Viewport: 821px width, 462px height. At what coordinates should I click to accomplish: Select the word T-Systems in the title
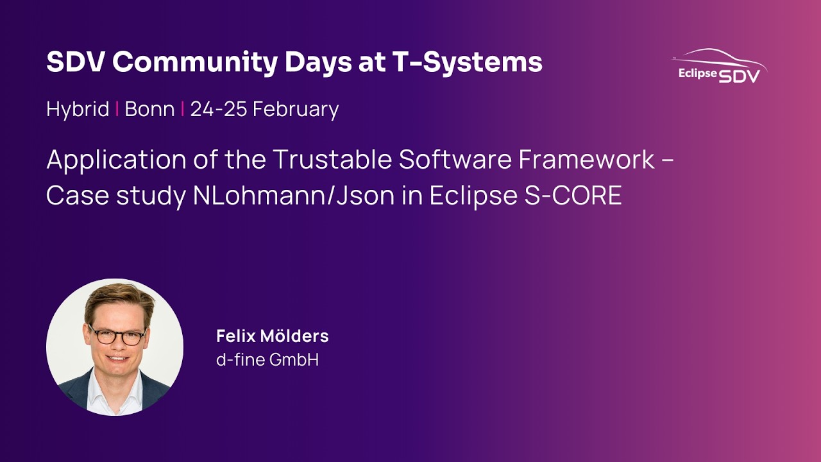[476, 62]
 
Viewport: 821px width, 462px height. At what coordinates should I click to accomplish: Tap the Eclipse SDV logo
[719, 67]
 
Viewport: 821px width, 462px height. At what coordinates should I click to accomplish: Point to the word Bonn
[149, 109]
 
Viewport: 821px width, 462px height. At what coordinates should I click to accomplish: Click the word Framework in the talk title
[586, 160]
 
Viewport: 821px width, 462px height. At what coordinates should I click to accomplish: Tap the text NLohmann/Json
[294, 196]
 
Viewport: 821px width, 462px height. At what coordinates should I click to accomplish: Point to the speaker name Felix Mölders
[272, 336]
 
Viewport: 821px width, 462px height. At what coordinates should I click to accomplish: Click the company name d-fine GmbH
[267, 360]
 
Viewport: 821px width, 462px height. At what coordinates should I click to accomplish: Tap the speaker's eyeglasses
[117, 336]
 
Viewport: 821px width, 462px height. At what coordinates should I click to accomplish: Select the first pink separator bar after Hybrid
[117, 109]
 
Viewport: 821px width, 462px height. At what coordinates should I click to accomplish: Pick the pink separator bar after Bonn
[183, 109]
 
